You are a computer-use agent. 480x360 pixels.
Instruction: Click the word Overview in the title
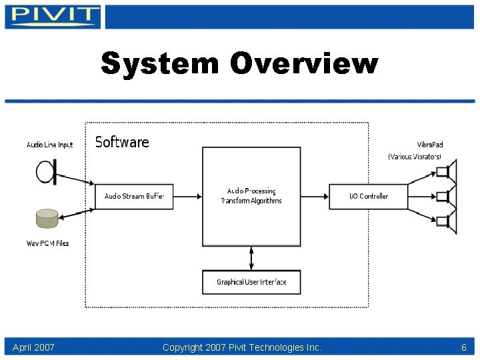304,64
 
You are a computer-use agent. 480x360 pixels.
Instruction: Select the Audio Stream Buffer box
135,197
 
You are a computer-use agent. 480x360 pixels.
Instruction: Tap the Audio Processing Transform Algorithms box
251,196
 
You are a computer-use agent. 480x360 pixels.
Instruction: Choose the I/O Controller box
368,197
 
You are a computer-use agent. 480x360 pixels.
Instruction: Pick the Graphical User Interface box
251,282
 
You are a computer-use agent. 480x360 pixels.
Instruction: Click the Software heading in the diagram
122,142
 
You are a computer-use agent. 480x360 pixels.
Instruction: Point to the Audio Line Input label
49,145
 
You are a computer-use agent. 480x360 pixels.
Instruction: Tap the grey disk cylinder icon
47,219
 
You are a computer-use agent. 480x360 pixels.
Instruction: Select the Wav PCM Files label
47,243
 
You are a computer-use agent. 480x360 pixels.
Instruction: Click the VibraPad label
429,145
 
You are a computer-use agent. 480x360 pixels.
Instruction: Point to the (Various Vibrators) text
415,157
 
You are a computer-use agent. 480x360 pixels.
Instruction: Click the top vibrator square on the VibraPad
442,172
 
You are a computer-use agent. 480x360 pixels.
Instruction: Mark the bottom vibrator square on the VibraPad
442,221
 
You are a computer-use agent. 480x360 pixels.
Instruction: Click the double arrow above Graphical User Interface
251,258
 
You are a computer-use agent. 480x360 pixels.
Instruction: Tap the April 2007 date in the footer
33,347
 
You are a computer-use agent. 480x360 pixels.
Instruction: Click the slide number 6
463,347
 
